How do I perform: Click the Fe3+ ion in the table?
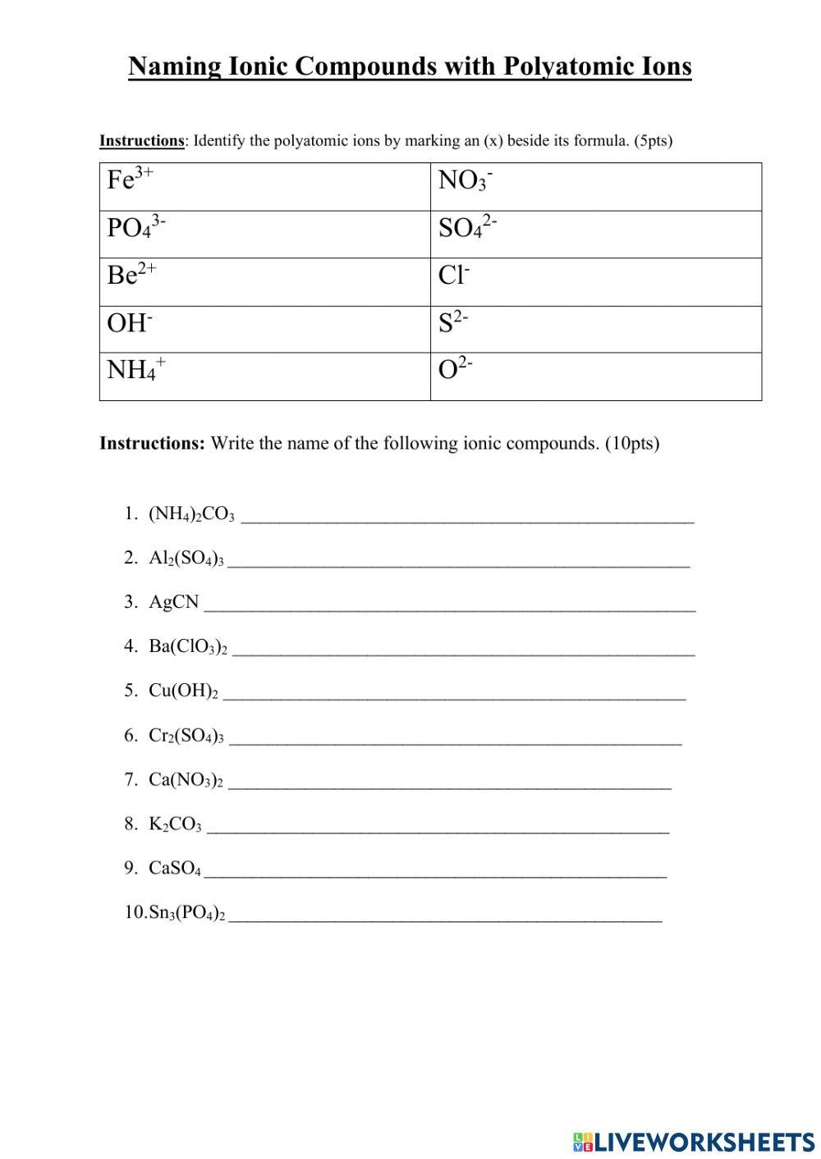pyautogui.click(x=130, y=179)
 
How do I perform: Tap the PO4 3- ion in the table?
pyautogui.click(x=136, y=227)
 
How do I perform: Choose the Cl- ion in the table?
pyautogui.click(x=454, y=275)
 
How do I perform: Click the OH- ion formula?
pyautogui.click(x=130, y=322)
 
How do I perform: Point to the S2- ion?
pyautogui.click(x=453, y=322)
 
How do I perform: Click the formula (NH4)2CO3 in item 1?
pyautogui.click(x=191, y=514)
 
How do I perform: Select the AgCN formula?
pyautogui.click(x=174, y=602)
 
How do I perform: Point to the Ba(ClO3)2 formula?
pyautogui.click(x=188, y=646)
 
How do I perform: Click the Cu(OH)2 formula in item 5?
pyautogui.click(x=183, y=691)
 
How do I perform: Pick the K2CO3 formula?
pyautogui.click(x=175, y=824)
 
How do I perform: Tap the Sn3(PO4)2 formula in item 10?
pyautogui.click(x=186, y=913)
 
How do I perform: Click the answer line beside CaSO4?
pyautogui.click(x=435, y=874)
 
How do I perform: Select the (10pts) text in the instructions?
pyautogui.click(x=632, y=444)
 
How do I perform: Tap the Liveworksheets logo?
pyautogui.click(x=694, y=1141)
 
